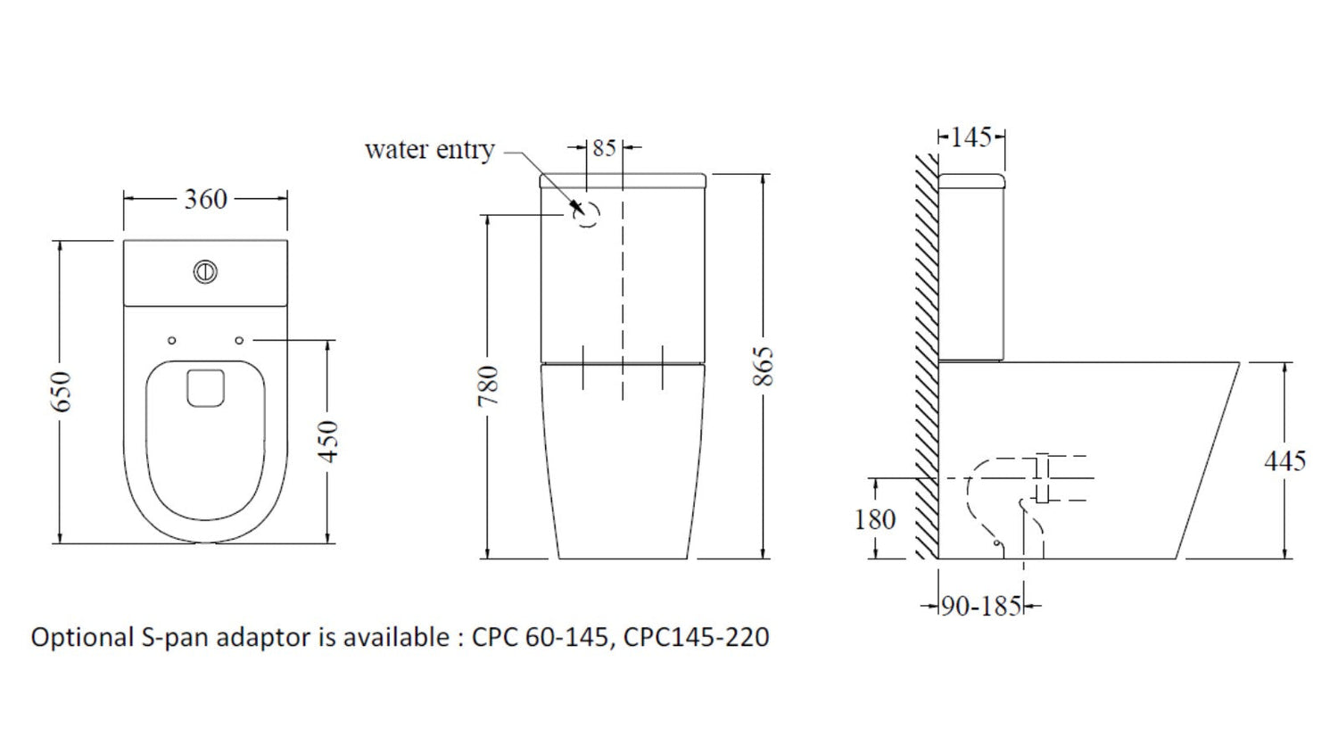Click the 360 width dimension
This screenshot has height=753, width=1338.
205,199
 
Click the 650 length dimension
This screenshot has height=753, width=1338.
62,391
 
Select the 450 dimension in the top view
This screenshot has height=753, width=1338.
329,441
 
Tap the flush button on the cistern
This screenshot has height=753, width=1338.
205,272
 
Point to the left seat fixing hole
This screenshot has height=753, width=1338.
172,341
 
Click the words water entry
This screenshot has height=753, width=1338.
429,150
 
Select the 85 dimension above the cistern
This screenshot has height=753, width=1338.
604,148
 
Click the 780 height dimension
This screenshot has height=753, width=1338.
489,385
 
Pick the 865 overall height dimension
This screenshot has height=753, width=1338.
764,366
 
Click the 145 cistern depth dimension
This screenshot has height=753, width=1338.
970,137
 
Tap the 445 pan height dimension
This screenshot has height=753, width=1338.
1284,460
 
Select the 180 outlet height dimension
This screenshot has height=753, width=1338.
874,519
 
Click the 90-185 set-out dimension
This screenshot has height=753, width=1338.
980,607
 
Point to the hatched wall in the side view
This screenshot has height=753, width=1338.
927,357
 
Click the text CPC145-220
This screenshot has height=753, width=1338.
696,637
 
